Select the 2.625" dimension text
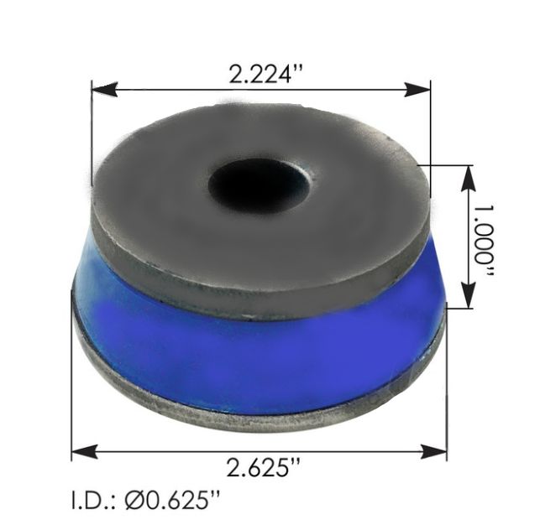click(262, 466)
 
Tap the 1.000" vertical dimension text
click(485, 237)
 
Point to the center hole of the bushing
click(260, 183)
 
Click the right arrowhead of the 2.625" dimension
click(438, 452)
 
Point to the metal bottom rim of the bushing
click(252, 411)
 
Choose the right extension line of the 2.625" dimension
click(446, 394)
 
